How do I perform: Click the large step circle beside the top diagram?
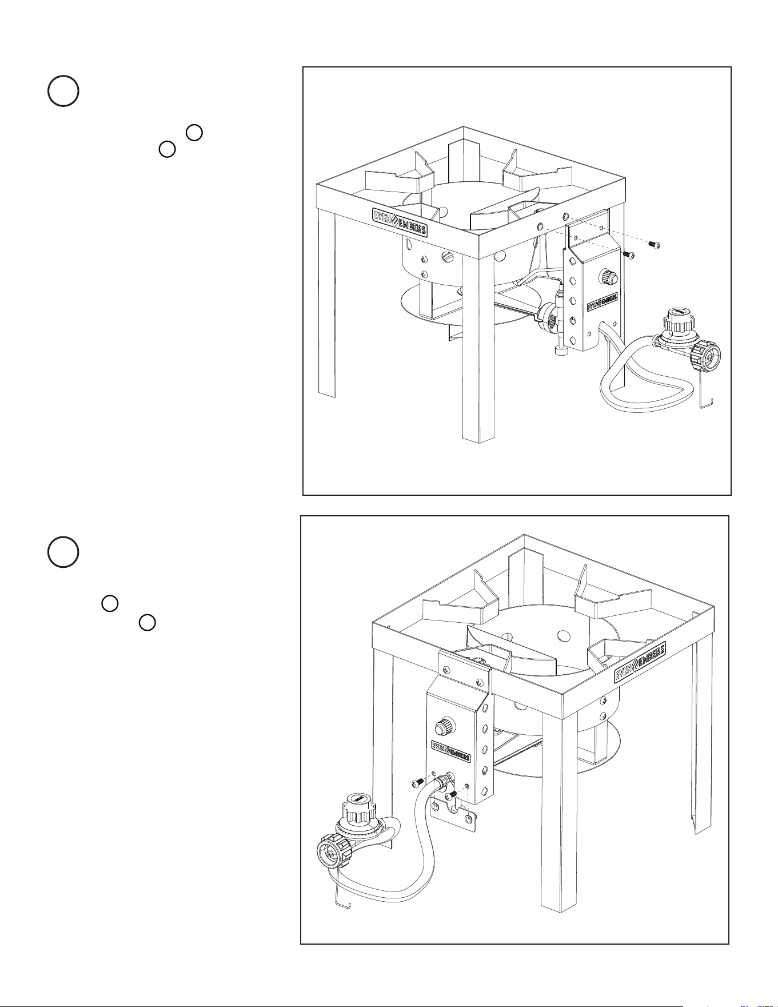pos(63,91)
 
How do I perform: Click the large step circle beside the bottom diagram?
pos(63,552)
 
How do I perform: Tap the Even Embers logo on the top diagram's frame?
pos(400,222)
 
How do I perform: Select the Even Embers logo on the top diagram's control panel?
pos(603,302)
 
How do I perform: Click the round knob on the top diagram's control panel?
pos(608,278)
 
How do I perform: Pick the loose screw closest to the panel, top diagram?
pos(629,254)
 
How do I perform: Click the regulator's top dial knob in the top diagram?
pos(678,320)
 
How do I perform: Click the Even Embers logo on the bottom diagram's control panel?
pos(450,751)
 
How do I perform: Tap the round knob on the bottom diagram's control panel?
pos(444,728)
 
